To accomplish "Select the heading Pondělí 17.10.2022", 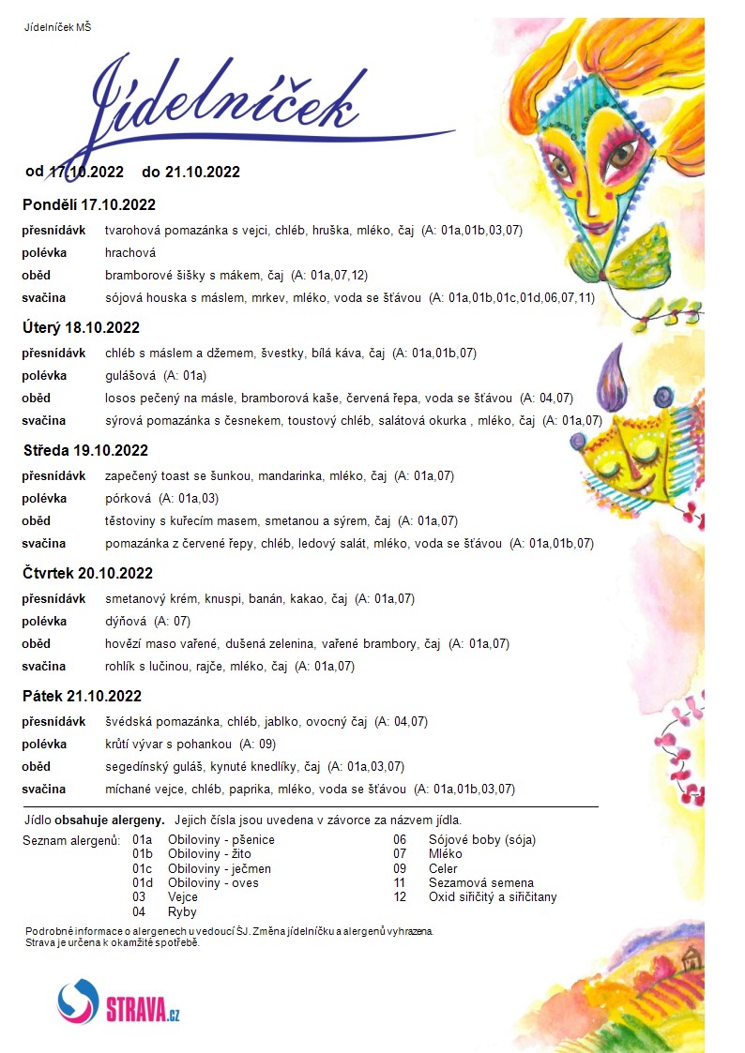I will click(89, 204).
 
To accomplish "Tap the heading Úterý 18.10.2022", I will click(82, 327).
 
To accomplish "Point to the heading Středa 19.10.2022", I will click(86, 450).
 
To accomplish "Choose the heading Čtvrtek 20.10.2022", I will click(88, 573).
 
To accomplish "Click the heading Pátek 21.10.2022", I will click(83, 696).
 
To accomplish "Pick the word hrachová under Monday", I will click(130, 252).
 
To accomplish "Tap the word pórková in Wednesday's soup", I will click(129, 498).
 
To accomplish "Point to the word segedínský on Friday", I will click(137, 767).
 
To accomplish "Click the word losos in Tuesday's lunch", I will click(120, 399).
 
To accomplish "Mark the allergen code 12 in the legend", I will click(400, 897).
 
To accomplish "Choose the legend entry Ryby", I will click(182, 911).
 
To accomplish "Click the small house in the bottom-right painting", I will click(692, 958).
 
